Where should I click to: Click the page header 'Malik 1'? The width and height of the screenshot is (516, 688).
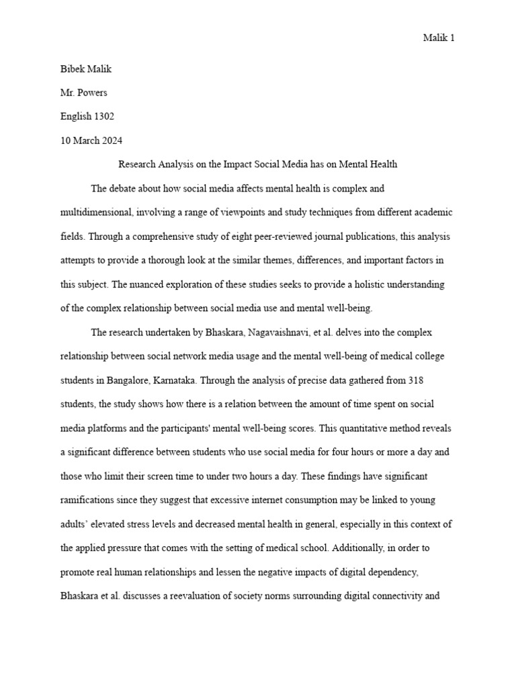439,38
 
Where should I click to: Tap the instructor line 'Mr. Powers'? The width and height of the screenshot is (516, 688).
84,92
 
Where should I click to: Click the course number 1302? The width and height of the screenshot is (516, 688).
103,116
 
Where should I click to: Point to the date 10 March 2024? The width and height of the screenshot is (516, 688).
91,140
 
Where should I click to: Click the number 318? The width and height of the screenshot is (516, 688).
415,380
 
